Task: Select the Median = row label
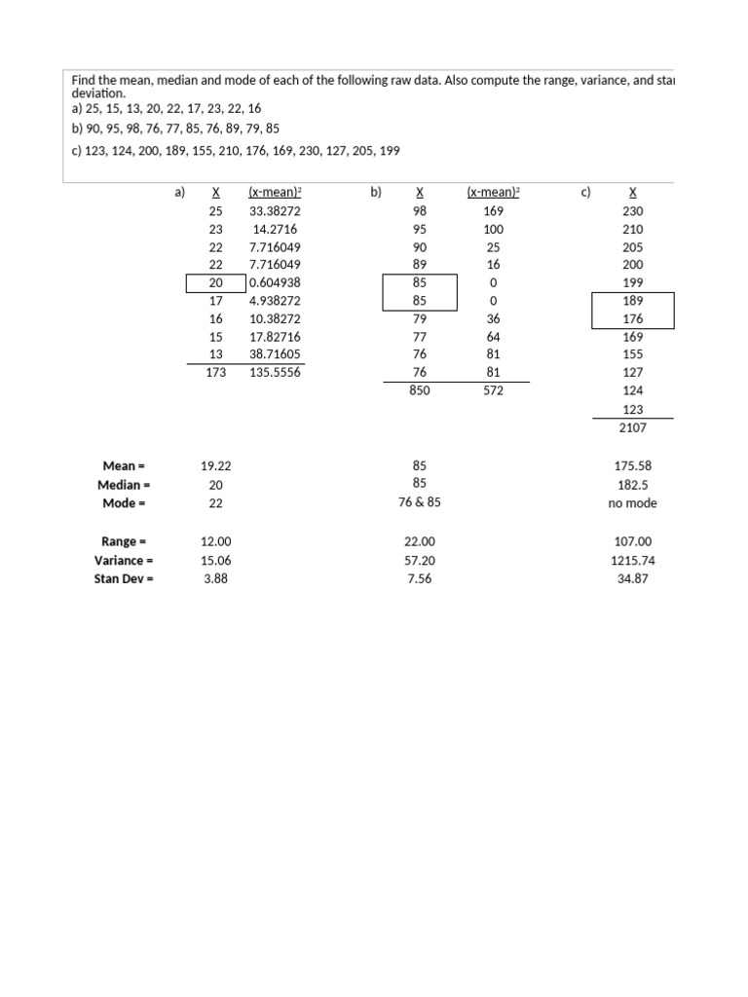click(x=124, y=484)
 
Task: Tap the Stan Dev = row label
click(x=124, y=578)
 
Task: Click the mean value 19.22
click(x=216, y=465)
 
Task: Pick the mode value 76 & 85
click(x=420, y=502)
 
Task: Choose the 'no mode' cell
click(x=632, y=503)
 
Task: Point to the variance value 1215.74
click(x=632, y=560)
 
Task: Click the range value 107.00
click(x=632, y=541)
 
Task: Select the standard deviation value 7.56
click(x=420, y=578)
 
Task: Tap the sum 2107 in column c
click(x=632, y=426)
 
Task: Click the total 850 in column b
click(x=420, y=389)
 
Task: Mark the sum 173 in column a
click(x=216, y=371)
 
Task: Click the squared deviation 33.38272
click(x=275, y=210)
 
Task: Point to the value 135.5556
click(x=275, y=371)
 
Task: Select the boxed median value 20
click(x=216, y=282)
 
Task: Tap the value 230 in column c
click(x=632, y=210)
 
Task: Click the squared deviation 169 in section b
click(x=493, y=210)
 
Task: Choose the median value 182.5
click(x=632, y=484)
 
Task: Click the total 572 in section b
click(x=493, y=389)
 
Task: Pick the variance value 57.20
click(x=420, y=560)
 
